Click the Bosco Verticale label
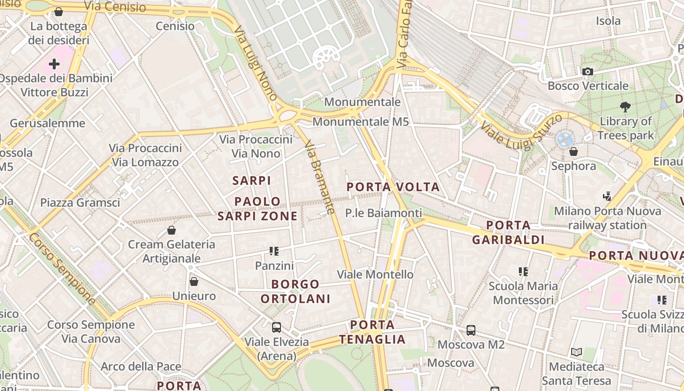coord(588,86)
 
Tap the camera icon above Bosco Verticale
coord(588,72)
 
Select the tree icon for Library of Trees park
coord(625,107)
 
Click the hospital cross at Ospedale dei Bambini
coord(54,64)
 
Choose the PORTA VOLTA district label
coord(393,187)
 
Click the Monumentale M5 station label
coord(361,122)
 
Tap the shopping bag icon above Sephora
coord(574,152)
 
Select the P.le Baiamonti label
coord(383,213)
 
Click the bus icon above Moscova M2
coord(471,330)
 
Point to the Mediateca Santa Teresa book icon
coord(577,352)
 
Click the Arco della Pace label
coord(141,367)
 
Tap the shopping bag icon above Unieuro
coord(194,282)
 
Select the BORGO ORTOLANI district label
coord(296,291)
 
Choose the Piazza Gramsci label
coord(80,202)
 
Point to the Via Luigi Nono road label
coord(256,64)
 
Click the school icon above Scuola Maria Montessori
coord(523,271)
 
